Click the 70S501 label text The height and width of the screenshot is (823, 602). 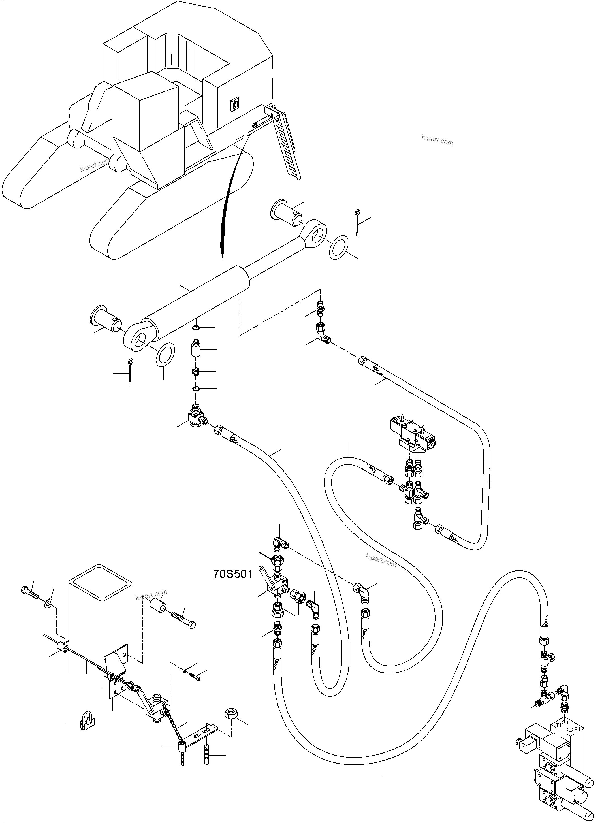tap(232, 574)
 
